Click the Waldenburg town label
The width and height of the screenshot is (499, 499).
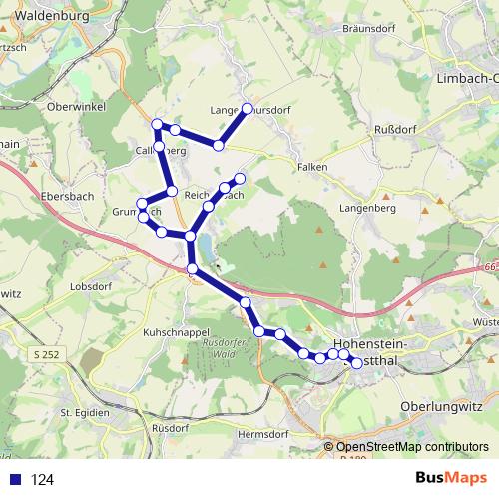48,16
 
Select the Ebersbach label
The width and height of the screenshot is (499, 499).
67,197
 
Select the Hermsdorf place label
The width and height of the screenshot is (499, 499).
262,434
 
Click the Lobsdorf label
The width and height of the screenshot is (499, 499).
90,286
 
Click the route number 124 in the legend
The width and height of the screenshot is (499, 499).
42,479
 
